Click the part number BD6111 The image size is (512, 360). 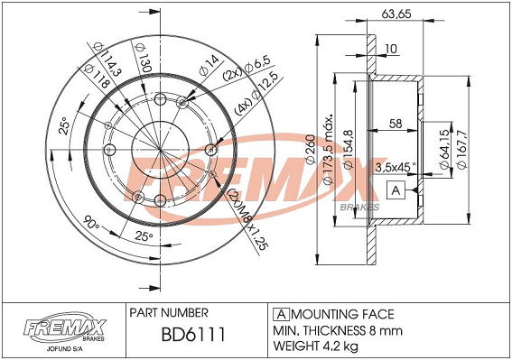point(193,334)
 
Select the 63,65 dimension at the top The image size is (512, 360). point(396,14)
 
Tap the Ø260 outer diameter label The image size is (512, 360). point(311,149)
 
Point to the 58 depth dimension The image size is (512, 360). point(396,124)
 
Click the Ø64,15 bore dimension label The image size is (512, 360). point(444,149)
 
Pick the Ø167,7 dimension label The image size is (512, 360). point(461,149)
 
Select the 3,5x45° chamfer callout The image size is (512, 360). point(396,167)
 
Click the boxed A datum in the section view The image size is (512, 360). point(396,189)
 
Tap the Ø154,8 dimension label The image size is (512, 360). point(349,149)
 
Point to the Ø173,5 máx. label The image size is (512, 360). point(329,150)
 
